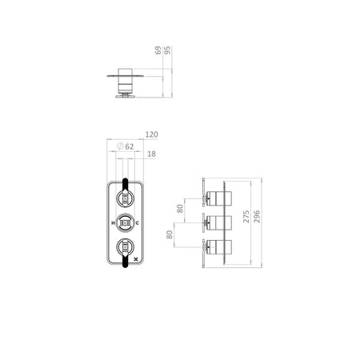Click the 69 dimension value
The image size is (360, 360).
[x=158, y=50]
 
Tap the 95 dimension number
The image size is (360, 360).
[x=167, y=50]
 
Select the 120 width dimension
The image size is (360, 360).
[x=151, y=134]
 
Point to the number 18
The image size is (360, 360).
[x=151, y=154]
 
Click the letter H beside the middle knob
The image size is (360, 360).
[x=113, y=223]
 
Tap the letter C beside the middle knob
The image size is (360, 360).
[x=138, y=223]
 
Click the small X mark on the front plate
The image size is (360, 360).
[x=137, y=258]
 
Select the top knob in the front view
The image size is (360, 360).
[x=125, y=198]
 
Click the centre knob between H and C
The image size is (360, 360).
[x=125, y=222]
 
